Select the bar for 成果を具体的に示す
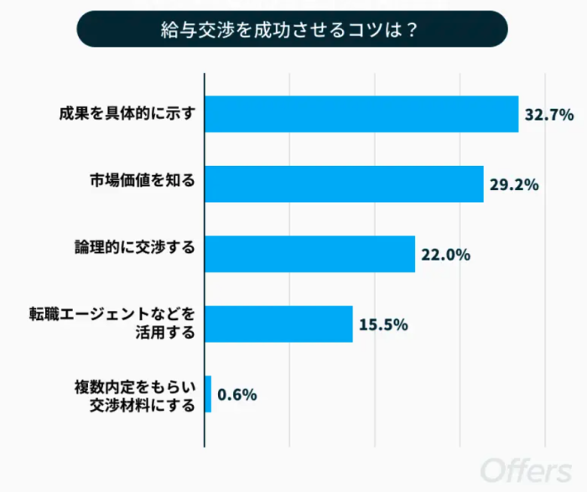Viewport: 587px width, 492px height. point(361,114)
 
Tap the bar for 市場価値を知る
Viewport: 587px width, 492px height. point(344,184)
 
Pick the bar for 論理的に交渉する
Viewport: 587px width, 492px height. point(309,254)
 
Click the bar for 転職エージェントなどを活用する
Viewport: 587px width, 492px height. point(278,324)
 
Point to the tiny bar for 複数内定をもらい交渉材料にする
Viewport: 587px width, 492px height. point(208,393)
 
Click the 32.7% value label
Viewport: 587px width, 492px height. point(549,115)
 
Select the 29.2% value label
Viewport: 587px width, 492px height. point(514,184)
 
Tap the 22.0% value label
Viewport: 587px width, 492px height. point(445,255)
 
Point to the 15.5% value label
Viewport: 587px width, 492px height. point(383,324)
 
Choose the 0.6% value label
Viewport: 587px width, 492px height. point(236,394)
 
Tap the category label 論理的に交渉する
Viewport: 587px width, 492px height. point(134,249)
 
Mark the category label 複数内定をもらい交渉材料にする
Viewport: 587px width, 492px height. point(134,395)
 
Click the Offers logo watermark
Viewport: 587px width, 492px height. point(527,468)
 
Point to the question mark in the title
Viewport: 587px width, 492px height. point(412,30)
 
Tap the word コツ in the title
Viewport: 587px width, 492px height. point(361,30)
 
